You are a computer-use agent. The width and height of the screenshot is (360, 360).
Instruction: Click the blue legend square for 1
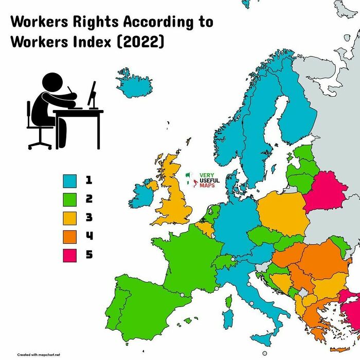70,181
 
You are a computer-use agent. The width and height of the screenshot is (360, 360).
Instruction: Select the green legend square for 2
70,199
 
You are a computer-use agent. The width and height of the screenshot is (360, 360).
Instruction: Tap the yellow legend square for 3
70,218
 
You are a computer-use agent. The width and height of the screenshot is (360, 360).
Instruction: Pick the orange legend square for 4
70,236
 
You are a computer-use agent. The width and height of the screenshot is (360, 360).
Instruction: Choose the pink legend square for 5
70,255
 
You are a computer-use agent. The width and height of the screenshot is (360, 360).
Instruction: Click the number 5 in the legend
89,255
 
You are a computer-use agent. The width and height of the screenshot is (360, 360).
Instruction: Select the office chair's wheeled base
40,143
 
